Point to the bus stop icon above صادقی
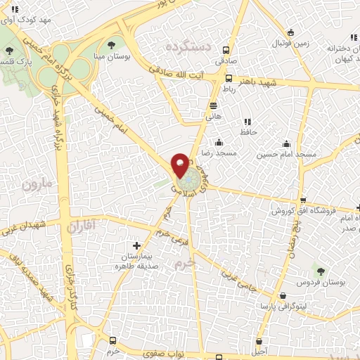[x=225, y=51]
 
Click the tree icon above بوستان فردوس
[x=321, y=270]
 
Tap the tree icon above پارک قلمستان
[x=8, y=52]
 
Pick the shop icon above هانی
[x=213, y=106]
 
